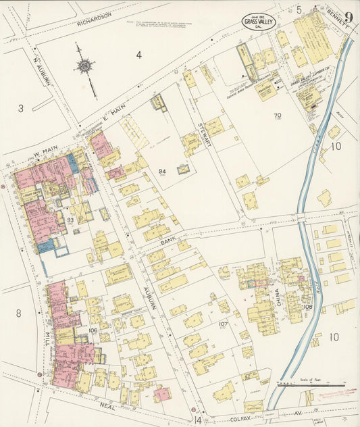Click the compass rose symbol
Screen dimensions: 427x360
tap(84, 66)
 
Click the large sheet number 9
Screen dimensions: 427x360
tap(348, 18)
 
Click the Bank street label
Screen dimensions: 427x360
tap(168, 241)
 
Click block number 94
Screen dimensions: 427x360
tap(162, 172)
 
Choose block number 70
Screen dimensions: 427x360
tap(277, 116)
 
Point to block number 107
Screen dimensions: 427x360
tap(222, 324)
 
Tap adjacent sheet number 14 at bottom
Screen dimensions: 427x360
tap(198, 420)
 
